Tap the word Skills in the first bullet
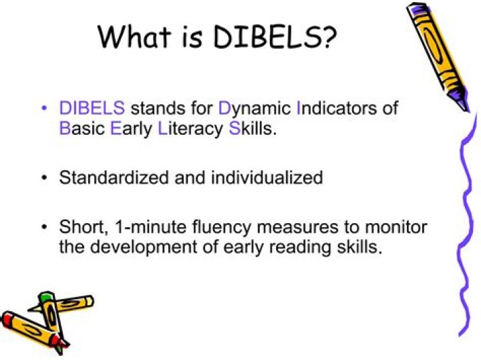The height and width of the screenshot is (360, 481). click(252, 128)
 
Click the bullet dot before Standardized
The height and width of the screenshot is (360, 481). click(44, 178)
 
